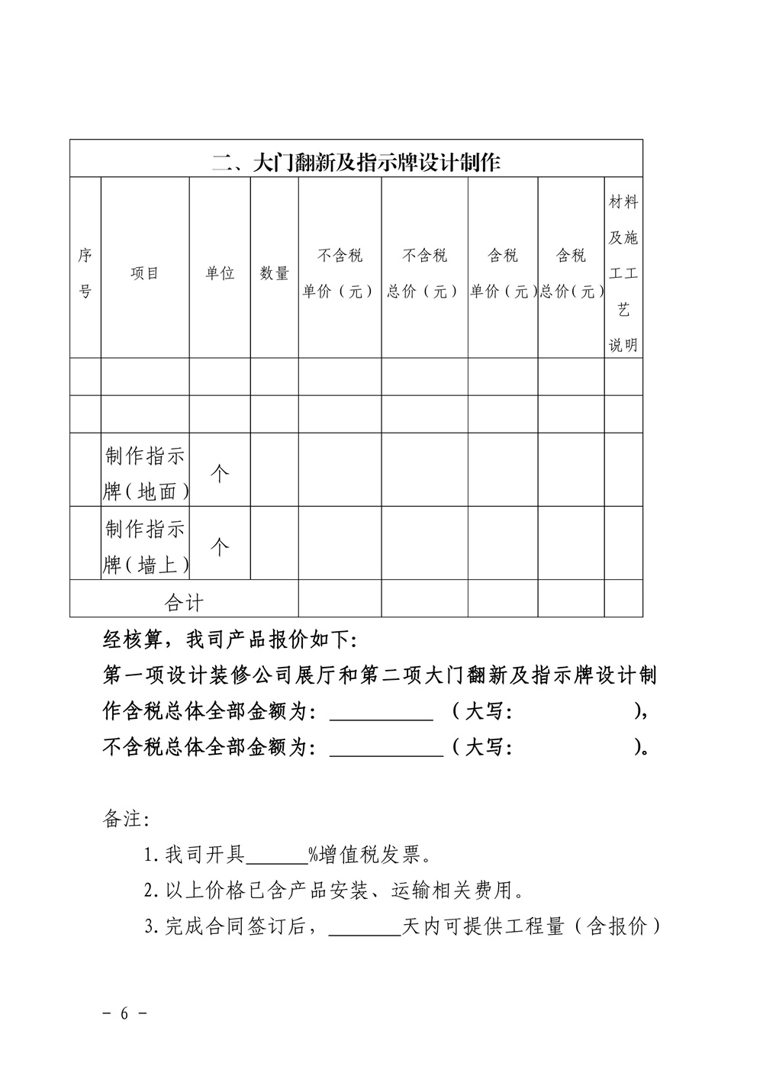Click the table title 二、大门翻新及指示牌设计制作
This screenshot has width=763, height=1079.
[356, 162]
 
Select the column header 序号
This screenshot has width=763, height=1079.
[85, 273]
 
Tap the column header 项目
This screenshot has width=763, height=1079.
[145, 273]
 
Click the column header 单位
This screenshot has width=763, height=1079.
[220, 273]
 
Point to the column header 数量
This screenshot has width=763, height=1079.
[275, 273]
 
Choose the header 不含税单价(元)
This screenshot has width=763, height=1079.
[340, 273]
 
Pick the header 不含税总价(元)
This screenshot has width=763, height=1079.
[424, 273]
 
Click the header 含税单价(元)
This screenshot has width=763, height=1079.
[503, 273]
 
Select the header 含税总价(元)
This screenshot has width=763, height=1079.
[571, 273]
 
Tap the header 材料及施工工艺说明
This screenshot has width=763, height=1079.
[623, 273]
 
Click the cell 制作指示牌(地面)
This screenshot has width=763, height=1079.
[145, 473]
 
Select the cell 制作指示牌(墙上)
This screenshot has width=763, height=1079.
[145, 546]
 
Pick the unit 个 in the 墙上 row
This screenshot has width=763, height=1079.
[220, 546]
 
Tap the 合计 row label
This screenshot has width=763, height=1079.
[184, 603]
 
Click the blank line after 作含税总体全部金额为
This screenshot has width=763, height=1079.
[381, 713]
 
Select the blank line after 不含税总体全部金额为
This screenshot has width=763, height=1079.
[386, 748]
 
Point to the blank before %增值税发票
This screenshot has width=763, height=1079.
[276, 855]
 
